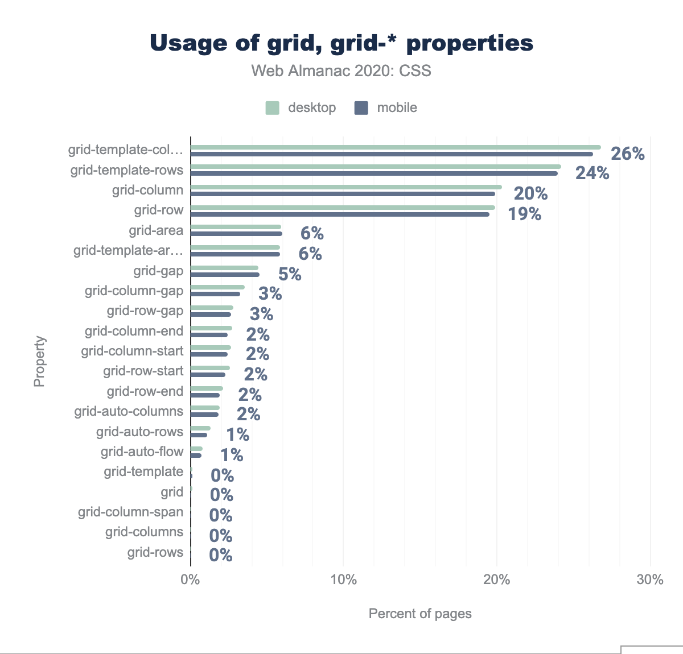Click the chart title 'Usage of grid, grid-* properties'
(x=341, y=43)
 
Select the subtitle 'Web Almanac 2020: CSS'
(x=341, y=71)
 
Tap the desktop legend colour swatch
(x=273, y=108)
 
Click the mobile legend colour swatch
(x=361, y=108)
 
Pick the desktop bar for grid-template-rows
(x=376, y=167)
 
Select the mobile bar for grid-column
(x=343, y=194)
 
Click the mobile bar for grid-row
(x=340, y=214)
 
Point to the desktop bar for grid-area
(x=236, y=227)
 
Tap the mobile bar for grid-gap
(x=225, y=275)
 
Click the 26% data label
(x=627, y=154)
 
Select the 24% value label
(x=592, y=173)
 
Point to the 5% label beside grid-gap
(x=290, y=274)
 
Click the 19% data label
(x=524, y=214)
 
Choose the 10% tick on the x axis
(x=343, y=580)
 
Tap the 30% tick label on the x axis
(x=650, y=580)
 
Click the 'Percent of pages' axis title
(x=420, y=614)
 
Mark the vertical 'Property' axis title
(x=39, y=362)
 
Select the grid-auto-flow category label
(x=142, y=452)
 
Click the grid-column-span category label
(x=131, y=512)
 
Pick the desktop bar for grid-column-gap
(x=217, y=287)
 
